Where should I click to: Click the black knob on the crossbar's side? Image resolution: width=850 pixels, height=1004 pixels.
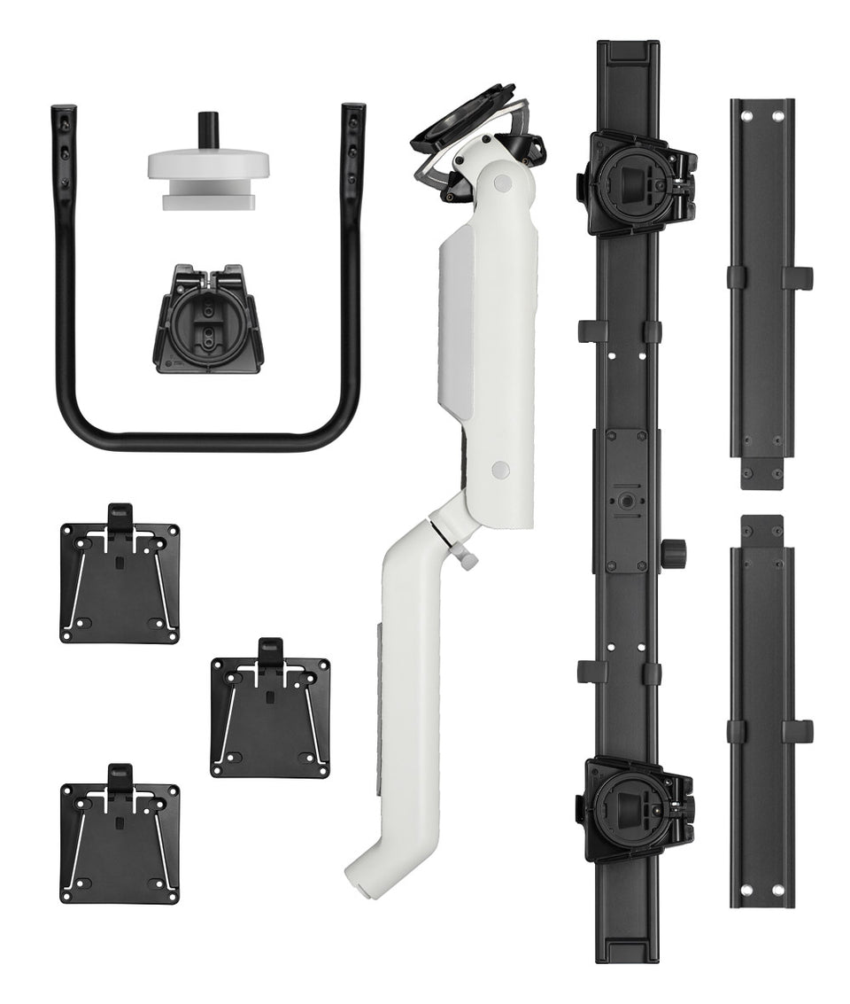pos(677,552)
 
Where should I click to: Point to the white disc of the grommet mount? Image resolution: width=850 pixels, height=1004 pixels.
pos(208,164)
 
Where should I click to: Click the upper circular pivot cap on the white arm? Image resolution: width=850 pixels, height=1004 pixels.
pos(502,183)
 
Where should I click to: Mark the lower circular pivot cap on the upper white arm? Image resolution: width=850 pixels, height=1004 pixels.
pos(500,470)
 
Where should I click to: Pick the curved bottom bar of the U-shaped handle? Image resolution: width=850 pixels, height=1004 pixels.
pos(208,439)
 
